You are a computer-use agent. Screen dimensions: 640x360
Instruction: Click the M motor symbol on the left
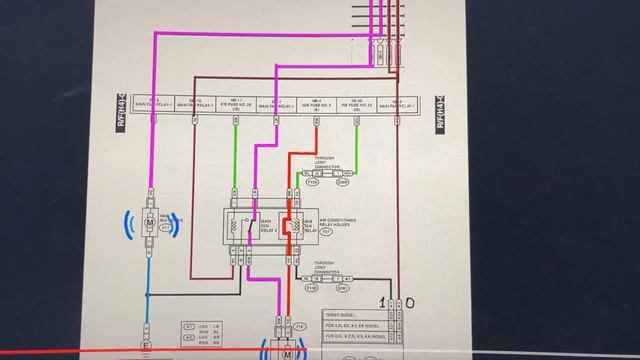[150, 226]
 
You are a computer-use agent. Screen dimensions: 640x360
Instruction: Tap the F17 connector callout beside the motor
[164, 229]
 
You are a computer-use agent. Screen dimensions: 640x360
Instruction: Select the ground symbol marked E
[148, 346]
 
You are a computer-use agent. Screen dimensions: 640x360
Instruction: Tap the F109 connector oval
[311, 183]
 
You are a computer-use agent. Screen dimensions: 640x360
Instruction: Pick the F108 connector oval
[311, 287]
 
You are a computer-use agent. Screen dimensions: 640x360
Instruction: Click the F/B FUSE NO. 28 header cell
[235, 104]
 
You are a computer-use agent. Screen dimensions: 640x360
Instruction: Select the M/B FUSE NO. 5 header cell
[316, 104]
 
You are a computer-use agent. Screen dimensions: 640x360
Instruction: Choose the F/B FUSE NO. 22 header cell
[357, 104]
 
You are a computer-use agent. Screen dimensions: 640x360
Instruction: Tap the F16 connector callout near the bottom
[300, 326]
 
